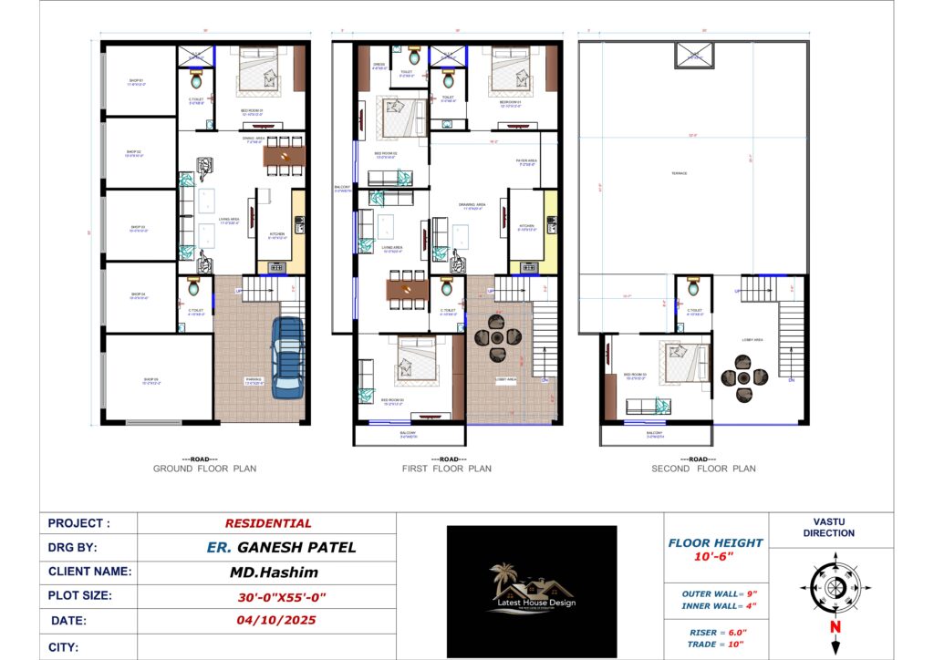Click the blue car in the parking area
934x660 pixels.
click(288, 356)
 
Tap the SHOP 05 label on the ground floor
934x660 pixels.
click(150, 382)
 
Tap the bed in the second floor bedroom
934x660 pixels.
click(679, 363)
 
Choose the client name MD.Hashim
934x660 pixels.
click(268, 572)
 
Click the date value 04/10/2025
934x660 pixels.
click(268, 621)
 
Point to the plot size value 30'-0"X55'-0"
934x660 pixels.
click(268, 597)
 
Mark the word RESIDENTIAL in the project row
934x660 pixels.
click(268, 523)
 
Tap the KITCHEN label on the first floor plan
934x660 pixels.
click(526, 226)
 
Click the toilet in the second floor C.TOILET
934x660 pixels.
click(694, 288)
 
